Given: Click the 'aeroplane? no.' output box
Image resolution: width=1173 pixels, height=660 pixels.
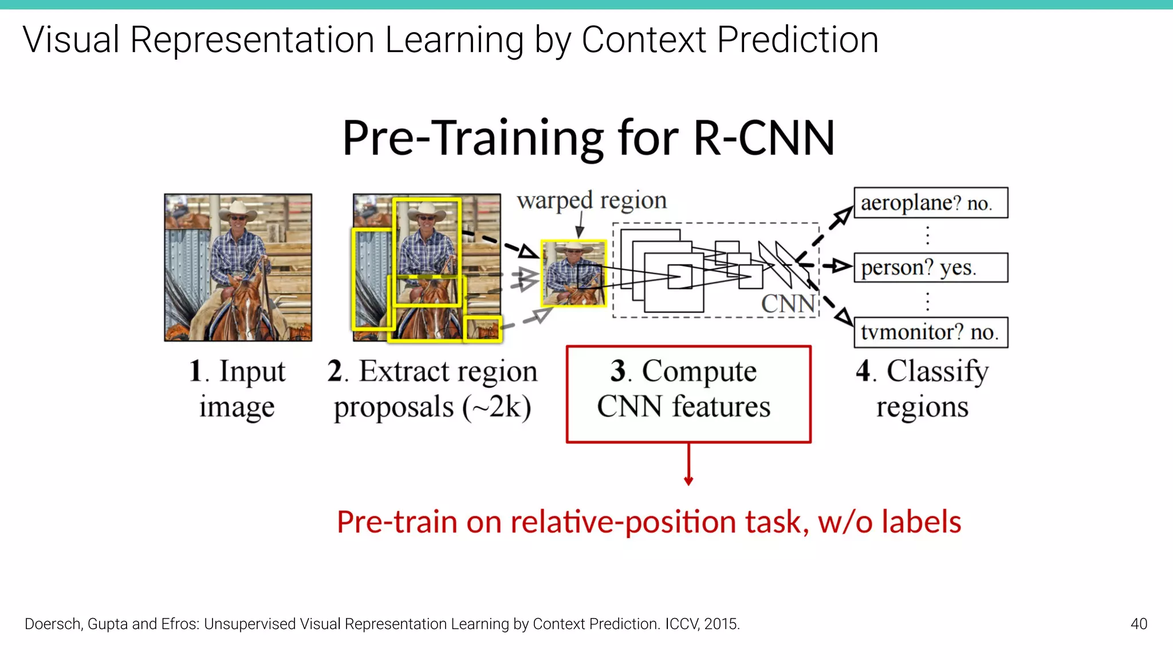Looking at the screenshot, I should coord(930,203).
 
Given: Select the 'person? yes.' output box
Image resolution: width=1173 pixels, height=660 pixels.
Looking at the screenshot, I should coord(930,268).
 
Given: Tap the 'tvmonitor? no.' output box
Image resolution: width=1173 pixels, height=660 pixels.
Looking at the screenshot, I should coord(930,332).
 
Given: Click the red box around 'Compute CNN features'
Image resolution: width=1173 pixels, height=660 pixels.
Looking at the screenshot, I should coord(688,394).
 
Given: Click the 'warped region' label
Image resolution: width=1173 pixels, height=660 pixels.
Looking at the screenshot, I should coord(592,201).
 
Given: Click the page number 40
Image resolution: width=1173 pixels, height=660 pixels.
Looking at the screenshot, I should coord(1139,624).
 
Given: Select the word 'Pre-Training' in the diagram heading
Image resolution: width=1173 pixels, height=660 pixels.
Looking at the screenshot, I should coord(473,139).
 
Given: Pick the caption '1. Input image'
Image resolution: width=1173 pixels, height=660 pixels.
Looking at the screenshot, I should coord(237,389).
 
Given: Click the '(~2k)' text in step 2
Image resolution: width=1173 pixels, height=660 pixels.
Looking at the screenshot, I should coord(497,408).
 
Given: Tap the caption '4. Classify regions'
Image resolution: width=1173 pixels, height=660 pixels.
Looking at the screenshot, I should coord(922,389).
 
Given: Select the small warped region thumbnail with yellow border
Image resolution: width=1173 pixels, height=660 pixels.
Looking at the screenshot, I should coord(573,273).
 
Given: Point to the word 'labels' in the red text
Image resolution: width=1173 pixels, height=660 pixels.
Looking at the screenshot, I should coord(921,522).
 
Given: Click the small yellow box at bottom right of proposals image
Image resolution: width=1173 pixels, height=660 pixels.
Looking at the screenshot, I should coord(482,329).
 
